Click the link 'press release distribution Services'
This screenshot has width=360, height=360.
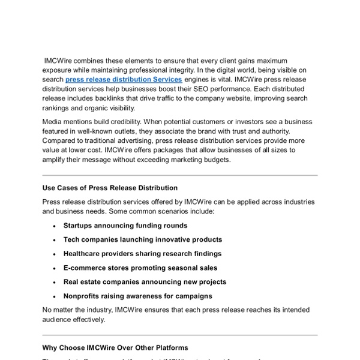coord(123,79)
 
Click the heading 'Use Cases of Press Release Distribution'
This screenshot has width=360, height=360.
coord(110,188)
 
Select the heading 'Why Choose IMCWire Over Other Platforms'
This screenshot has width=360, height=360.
coord(115,347)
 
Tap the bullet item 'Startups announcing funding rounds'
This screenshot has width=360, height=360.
coord(125,226)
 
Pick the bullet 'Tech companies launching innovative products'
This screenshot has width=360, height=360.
coord(142,239)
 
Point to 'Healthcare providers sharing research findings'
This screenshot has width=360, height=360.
coord(142,254)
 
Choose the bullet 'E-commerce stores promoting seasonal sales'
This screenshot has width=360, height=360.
coord(140,268)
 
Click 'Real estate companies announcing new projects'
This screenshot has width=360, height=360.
coord(145,282)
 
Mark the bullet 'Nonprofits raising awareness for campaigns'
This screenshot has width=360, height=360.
coord(137,296)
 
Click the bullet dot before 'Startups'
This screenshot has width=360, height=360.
coord(54,226)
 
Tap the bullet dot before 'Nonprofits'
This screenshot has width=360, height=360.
coord(54,296)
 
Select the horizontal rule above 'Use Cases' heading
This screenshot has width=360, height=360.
coord(180,176)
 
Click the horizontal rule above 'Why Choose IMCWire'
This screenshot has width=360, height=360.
coord(180,335)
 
